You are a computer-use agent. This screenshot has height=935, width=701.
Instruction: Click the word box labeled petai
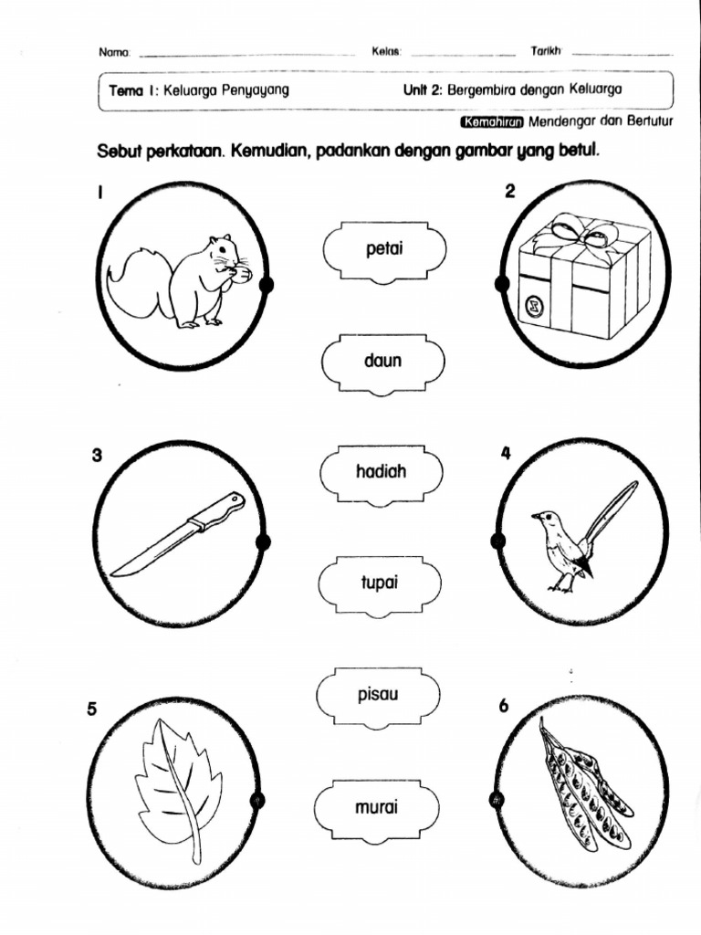coord(384,248)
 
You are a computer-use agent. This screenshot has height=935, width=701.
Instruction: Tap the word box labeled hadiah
coord(382,472)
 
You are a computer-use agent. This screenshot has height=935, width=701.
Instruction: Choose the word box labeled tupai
coord(380,582)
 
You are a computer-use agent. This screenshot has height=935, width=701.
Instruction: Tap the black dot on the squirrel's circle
coord(267,286)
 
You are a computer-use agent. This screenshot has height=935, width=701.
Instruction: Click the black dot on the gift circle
coord(501,284)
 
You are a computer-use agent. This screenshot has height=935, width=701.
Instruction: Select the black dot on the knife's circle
coord(264,544)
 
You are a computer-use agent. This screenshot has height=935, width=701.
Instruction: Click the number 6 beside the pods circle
coord(504,705)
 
